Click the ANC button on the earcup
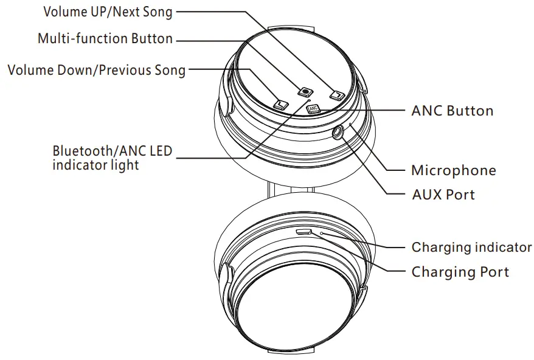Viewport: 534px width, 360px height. coord(313,109)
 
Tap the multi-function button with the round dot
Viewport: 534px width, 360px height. coord(305,91)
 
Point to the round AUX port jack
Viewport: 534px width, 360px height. coord(338,131)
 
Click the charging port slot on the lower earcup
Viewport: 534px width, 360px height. coord(303,232)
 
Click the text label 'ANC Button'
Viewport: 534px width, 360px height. coord(452,111)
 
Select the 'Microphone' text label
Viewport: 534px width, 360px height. coord(453,170)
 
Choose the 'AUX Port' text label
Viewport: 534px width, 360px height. coord(443,195)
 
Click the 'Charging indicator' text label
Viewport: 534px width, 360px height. coord(471,247)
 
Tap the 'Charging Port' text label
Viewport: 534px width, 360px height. coord(460,272)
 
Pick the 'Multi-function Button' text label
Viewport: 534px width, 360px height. coord(105,39)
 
